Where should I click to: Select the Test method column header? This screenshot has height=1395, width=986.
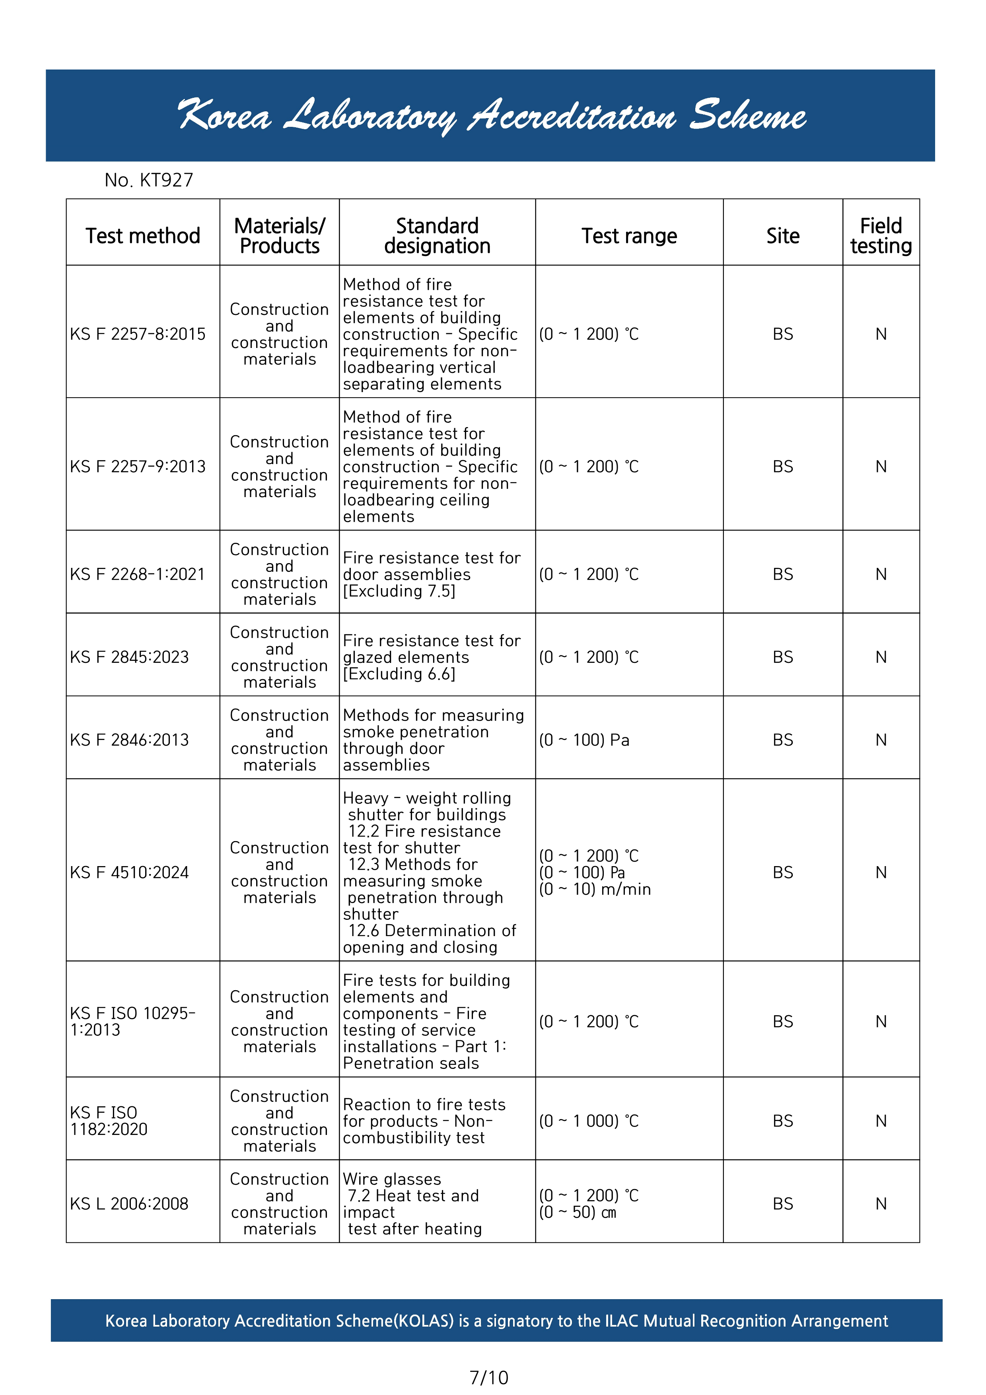143,236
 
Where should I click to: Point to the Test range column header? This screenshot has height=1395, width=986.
629,236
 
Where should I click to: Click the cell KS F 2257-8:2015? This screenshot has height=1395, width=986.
138,334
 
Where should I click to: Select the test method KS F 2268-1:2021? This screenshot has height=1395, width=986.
138,574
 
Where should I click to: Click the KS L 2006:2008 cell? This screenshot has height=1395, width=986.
129,1204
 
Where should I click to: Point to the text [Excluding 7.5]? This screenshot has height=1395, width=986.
399,591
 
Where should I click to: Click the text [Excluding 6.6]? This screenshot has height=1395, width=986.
399,674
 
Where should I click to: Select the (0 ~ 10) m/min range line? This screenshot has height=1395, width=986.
595,890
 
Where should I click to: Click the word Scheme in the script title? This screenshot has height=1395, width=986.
747,115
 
